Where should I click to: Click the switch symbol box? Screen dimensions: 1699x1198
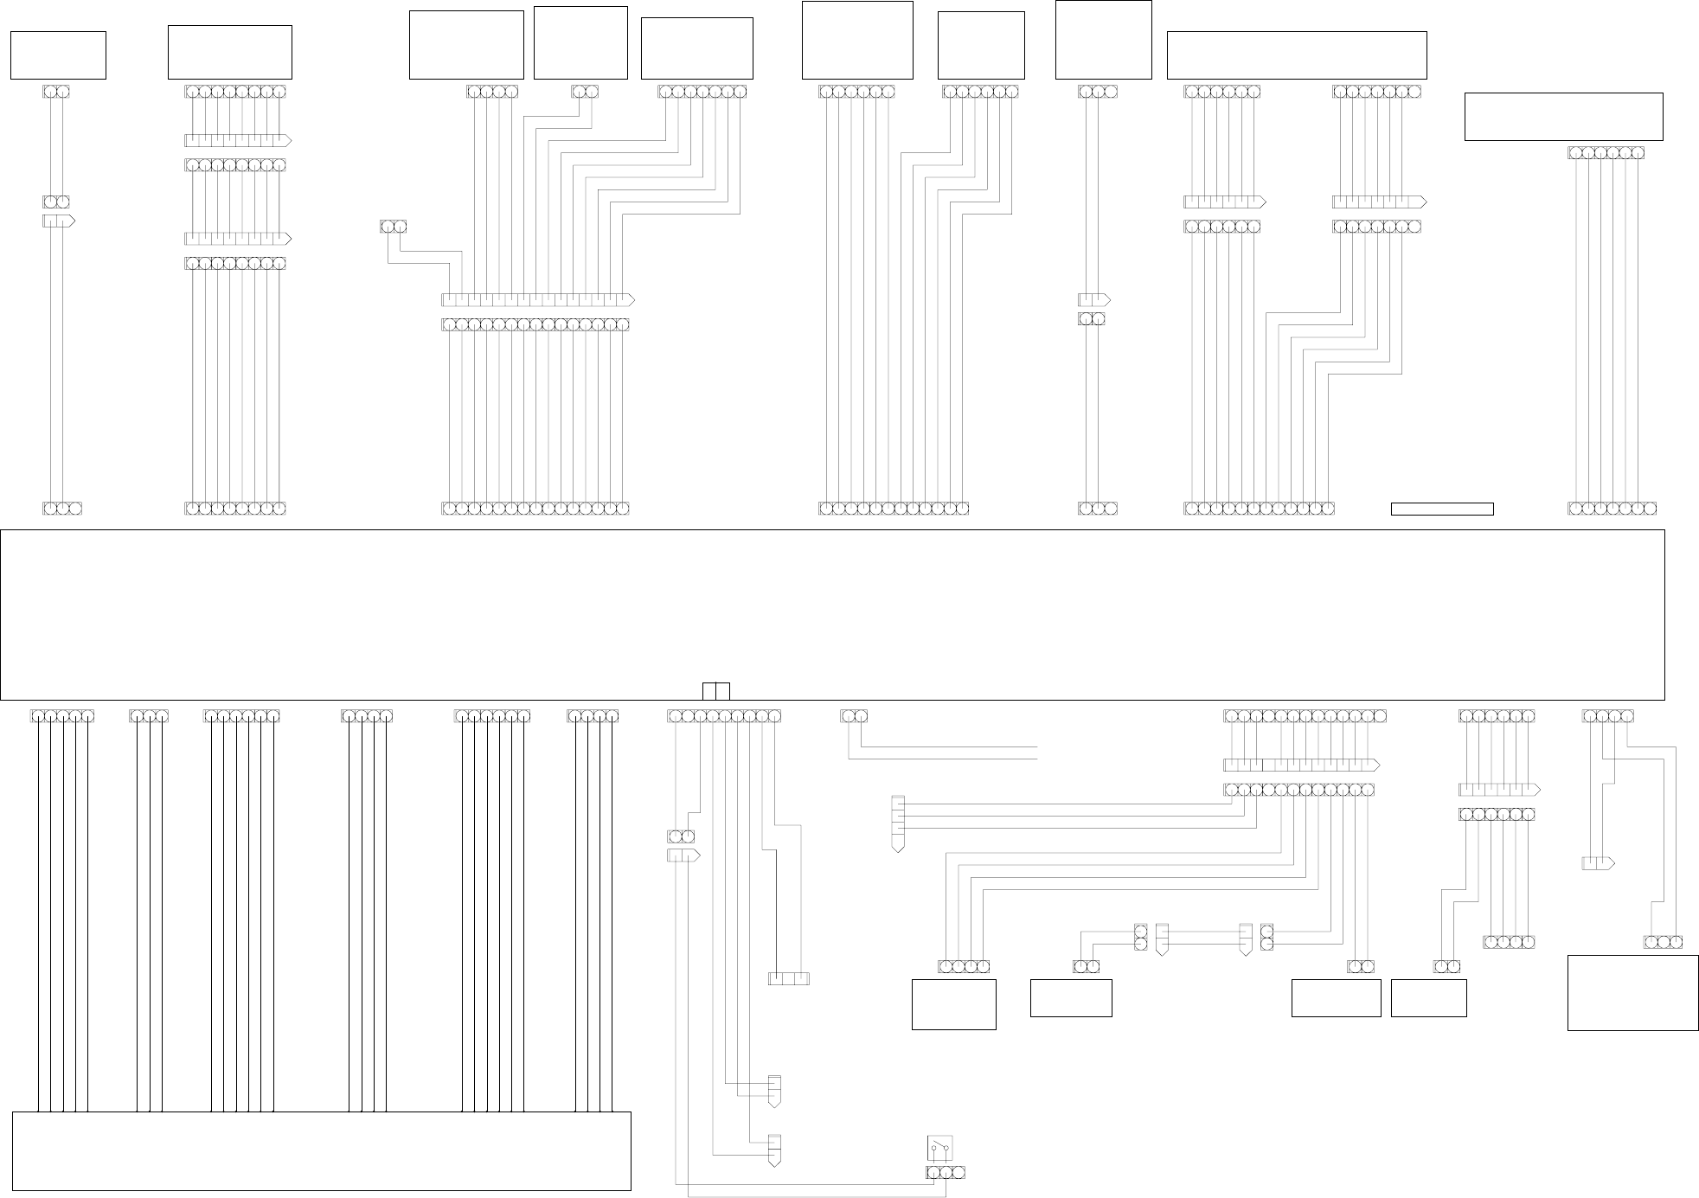pos(940,1148)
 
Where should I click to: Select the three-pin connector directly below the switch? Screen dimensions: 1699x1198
pos(945,1173)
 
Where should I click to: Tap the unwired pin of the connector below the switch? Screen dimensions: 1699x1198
pos(958,1173)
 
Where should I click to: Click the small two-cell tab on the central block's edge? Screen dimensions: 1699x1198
pos(715,691)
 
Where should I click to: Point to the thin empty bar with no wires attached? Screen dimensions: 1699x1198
pos(1441,509)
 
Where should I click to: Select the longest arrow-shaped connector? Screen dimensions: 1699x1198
pos(537,300)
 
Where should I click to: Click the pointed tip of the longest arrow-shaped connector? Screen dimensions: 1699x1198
pos(632,300)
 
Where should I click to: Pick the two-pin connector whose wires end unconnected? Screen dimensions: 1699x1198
pos(853,716)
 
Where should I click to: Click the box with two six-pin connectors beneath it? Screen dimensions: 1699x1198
pos(1296,54)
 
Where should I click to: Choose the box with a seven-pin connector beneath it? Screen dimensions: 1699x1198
pos(696,48)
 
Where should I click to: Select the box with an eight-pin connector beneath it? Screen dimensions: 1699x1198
pos(229,52)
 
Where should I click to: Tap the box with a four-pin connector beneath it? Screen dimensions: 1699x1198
pos(465,44)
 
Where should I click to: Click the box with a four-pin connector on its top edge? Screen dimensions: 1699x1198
pos(953,1004)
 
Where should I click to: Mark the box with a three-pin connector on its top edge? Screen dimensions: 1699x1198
pos(1632,992)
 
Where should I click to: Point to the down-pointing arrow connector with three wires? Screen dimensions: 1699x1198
pos(897,822)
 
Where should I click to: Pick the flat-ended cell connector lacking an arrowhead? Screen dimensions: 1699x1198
pos(788,978)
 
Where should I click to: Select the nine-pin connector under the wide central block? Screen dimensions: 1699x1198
pos(723,716)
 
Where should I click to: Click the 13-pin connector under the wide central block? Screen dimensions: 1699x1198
pos(1305,716)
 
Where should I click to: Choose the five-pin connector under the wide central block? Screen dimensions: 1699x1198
pos(61,716)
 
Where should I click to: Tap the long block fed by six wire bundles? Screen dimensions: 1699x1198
pos(321,1150)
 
